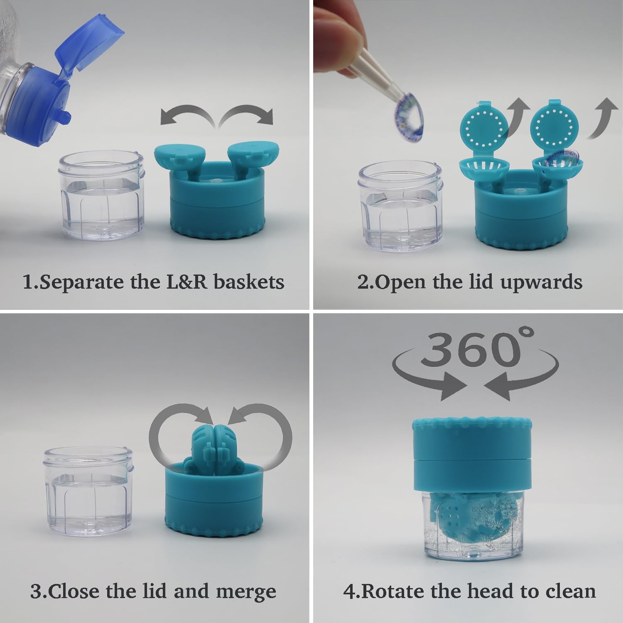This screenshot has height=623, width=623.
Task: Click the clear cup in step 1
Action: click(102, 197)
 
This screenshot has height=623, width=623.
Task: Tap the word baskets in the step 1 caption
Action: click(249, 282)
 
